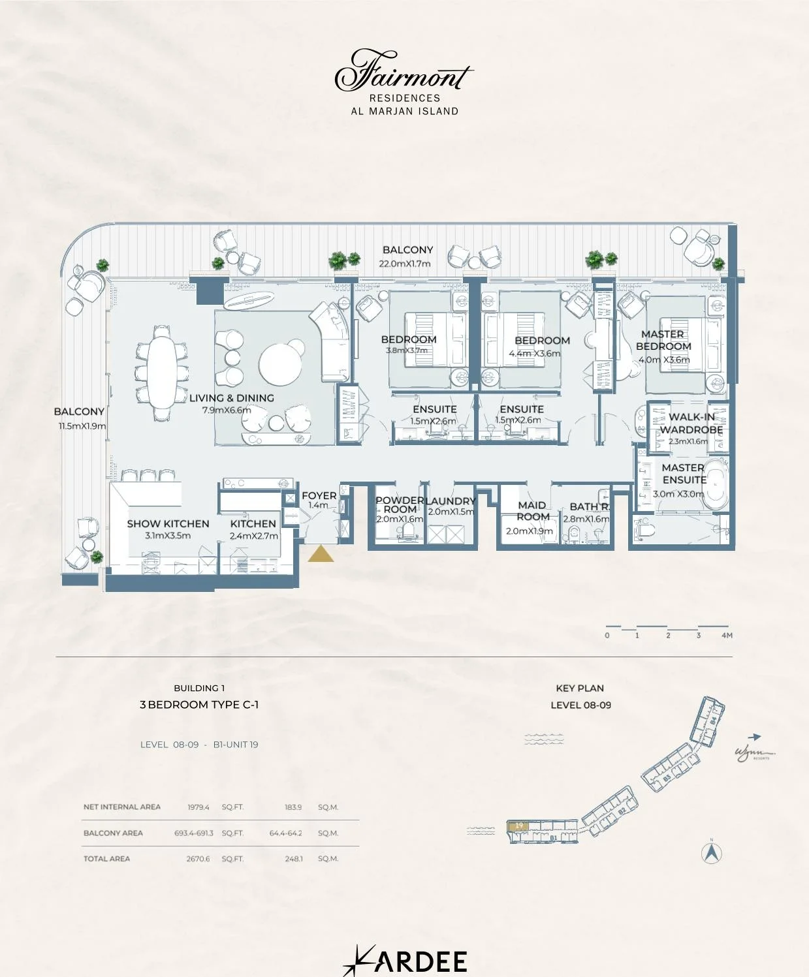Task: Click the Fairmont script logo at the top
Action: coord(404,70)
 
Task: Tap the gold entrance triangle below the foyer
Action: coord(321,555)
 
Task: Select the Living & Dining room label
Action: coord(232,398)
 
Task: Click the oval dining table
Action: coord(161,370)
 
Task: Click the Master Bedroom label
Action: coord(663,340)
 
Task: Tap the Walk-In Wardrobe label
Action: coord(691,423)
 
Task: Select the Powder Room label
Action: coord(400,504)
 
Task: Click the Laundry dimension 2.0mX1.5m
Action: coord(451,512)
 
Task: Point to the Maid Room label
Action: coord(533,510)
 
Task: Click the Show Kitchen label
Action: coord(168,523)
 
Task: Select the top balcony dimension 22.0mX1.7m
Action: coord(405,264)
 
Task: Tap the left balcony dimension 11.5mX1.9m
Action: coord(82,426)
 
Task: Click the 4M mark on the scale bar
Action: coord(727,635)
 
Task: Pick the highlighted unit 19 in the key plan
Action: coord(519,826)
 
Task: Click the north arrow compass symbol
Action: coord(711,852)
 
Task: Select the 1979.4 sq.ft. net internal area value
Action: coord(198,807)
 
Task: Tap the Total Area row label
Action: coord(106,859)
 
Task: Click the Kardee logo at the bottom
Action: coord(405,961)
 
